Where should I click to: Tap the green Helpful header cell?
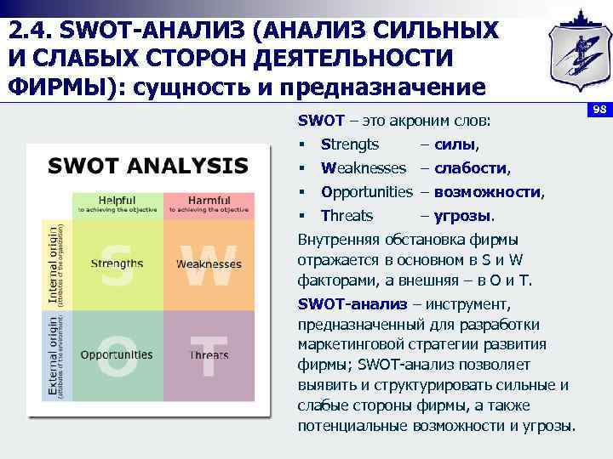[117, 204]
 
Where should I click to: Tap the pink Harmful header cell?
[209, 204]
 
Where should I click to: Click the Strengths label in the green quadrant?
[117, 263]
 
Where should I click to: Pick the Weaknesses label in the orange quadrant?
[209, 263]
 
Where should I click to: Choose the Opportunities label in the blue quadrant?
[117, 354]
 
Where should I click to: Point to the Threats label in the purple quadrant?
[209, 354]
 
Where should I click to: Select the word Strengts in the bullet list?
[350, 144]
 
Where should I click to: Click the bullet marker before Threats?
[302, 216]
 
